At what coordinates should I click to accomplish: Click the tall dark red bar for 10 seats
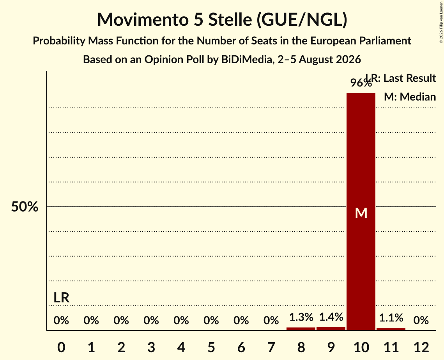tap(361, 212)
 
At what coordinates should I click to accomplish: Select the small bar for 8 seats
tap(301, 329)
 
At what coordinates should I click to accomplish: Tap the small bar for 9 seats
tap(331, 328)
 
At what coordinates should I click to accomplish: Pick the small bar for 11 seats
tap(391, 329)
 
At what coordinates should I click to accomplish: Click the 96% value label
tap(361, 83)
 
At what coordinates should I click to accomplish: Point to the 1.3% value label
tap(301, 317)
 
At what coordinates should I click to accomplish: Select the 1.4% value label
tap(331, 317)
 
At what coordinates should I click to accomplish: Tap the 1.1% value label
tap(391, 318)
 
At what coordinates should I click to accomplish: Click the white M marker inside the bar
tap(361, 213)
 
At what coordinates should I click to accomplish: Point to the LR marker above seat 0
tap(62, 297)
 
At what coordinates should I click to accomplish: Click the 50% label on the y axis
tap(25, 206)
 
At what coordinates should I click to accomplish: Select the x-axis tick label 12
tap(421, 347)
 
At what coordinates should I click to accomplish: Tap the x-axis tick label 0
tap(62, 347)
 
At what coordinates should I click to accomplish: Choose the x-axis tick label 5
tap(211, 347)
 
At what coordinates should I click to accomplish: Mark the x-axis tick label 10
tap(361, 347)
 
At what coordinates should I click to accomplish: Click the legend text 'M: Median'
tap(410, 97)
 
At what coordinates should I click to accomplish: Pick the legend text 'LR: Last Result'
tap(401, 78)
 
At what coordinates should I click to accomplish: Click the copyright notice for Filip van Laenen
tap(441, 22)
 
